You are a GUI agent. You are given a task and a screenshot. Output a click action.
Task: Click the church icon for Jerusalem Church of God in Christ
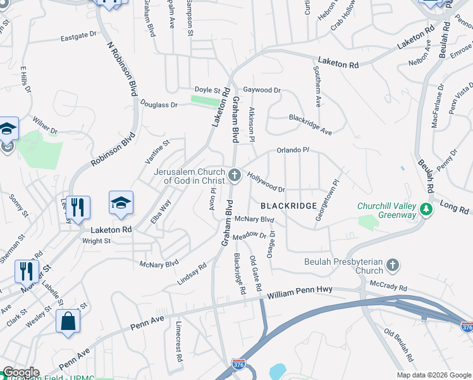(235, 175)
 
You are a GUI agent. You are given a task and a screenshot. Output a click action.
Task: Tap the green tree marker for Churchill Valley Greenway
(426, 209)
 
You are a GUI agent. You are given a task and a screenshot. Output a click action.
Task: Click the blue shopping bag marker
(68, 321)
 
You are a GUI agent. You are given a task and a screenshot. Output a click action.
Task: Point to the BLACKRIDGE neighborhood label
(288, 206)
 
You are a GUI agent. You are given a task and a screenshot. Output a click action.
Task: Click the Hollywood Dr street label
(266, 182)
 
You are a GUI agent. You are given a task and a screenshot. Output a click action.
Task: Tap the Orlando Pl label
(292, 150)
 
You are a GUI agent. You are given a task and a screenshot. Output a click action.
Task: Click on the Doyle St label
(207, 91)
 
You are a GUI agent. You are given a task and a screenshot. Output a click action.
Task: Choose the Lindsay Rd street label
(192, 274)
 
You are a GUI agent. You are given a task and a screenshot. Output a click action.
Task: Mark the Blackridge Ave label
(310, 124)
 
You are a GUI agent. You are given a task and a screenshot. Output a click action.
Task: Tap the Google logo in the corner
(20, 373)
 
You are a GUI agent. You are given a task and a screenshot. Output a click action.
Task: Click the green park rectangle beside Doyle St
(206, 101)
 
